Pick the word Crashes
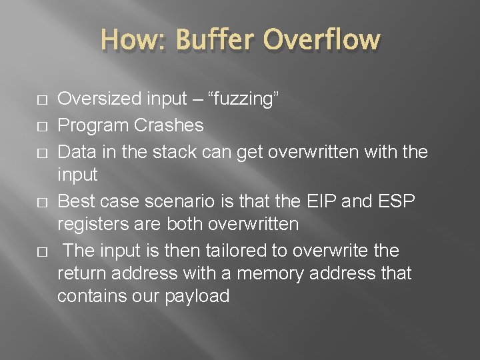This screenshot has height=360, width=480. (169, 125)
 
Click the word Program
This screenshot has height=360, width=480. (94, 125)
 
